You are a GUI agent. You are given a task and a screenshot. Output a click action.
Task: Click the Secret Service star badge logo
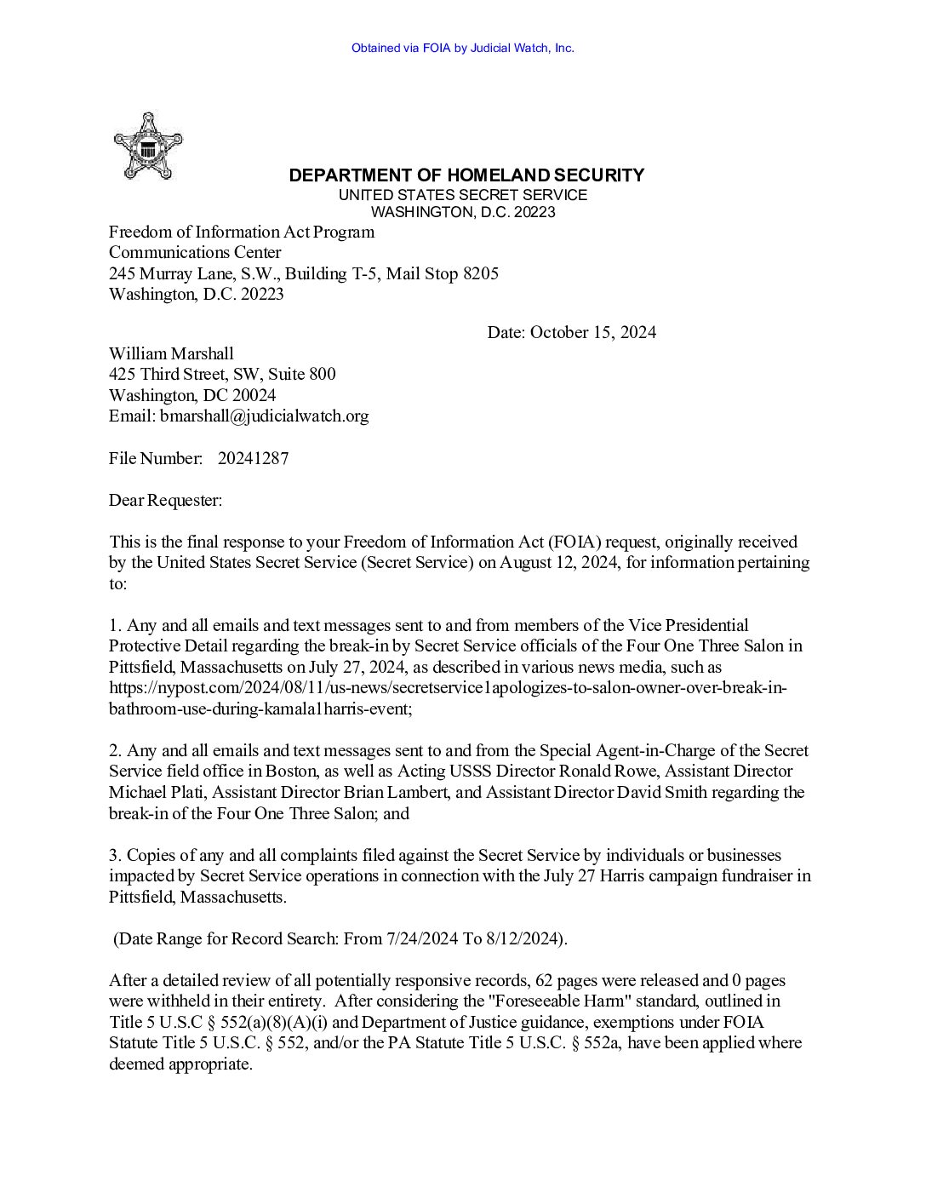(148, 146)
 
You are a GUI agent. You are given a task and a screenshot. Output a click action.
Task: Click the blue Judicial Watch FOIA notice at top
(462, 48)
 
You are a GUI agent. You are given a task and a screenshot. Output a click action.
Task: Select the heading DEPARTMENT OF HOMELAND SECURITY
(466, 175)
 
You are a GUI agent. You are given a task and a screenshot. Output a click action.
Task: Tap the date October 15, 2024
(592, 332)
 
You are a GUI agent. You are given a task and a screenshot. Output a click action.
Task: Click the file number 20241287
(253, 458)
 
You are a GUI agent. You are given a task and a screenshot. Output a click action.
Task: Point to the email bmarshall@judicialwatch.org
(264, 416)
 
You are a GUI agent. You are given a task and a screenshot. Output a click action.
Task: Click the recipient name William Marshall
(171, 353)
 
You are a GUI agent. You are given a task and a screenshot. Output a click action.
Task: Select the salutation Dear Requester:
(165, 500)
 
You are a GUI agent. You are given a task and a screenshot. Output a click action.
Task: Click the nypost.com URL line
(448, 687)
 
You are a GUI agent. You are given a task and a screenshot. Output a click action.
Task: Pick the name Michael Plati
(157, 792)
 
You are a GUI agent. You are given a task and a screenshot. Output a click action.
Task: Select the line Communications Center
(195, 252)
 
